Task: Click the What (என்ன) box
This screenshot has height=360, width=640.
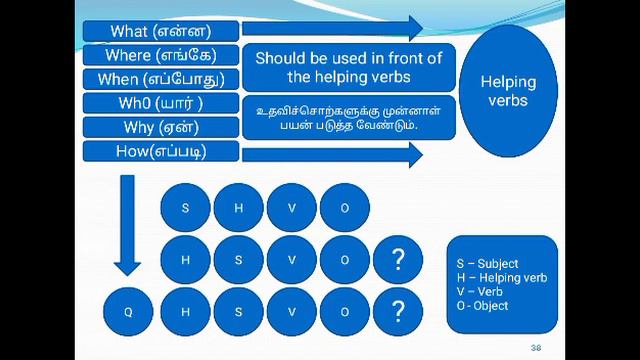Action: [x=161, y=30]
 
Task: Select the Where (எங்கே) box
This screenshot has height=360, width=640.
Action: [x=161, y=54]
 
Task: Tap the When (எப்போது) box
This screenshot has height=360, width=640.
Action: [x=161, y=78]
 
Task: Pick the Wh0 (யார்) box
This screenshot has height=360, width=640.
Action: [x=161, y=103]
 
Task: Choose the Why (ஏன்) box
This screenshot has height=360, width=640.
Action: [x=161, y=127]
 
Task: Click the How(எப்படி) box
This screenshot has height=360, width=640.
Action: [x=161, y=151]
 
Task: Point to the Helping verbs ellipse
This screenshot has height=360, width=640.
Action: [x=508, y=91]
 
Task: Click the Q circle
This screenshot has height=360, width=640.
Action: [x=128, y=312]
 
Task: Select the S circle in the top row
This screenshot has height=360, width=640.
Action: [x=185, y=208]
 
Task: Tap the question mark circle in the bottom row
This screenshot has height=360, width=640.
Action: [x=399, y=312]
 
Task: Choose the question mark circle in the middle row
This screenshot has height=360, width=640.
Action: [x=399, y=260]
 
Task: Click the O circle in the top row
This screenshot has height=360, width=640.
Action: [x=345, y=208]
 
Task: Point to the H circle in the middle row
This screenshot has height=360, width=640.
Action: [x=185, y=260]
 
